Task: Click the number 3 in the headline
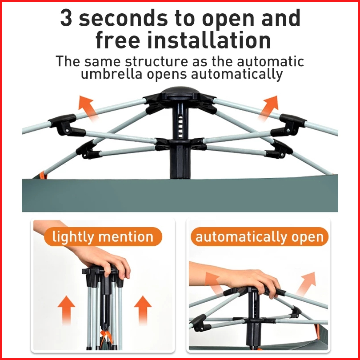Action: tap(66, 18)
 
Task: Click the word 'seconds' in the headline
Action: tap(124, 18)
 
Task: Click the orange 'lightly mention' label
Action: tap(103, 236)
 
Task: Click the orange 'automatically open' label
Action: tap(260, 236)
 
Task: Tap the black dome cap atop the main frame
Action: tap(180, 92)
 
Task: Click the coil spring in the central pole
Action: tap(180, 126)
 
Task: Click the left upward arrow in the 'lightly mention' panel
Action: tap(66, 310)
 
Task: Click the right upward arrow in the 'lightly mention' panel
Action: tap(143, 310)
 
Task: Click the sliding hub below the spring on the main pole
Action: tap(180, 144)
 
